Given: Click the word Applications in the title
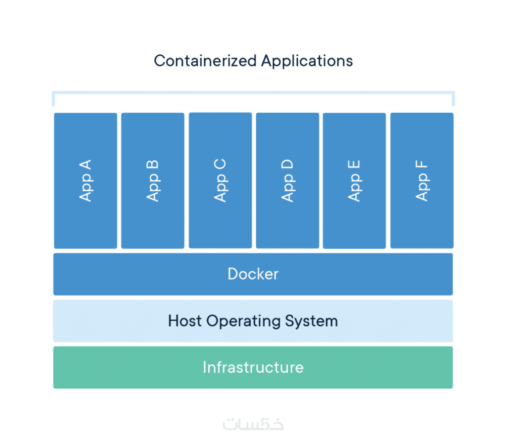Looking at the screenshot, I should (x=306, y=61).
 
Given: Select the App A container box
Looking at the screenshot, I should (x=85, y=180).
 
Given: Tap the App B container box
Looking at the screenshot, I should (x=153, y=180).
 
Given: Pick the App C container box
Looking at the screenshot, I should (x=220, y=180).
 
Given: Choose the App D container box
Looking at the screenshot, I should (x=287, y=180).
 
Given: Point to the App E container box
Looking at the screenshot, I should (x=354, y=180).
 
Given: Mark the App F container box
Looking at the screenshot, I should (x=422, y=180).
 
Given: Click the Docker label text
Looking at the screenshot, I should (x=253, y=274).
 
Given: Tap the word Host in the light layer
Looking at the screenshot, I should (x=185, y=321).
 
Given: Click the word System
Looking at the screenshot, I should (x=312, y=321).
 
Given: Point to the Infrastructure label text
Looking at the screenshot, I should (x=253, y=367).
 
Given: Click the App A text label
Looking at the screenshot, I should (x=85, y=180).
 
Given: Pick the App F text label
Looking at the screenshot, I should (x=422, y=180).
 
